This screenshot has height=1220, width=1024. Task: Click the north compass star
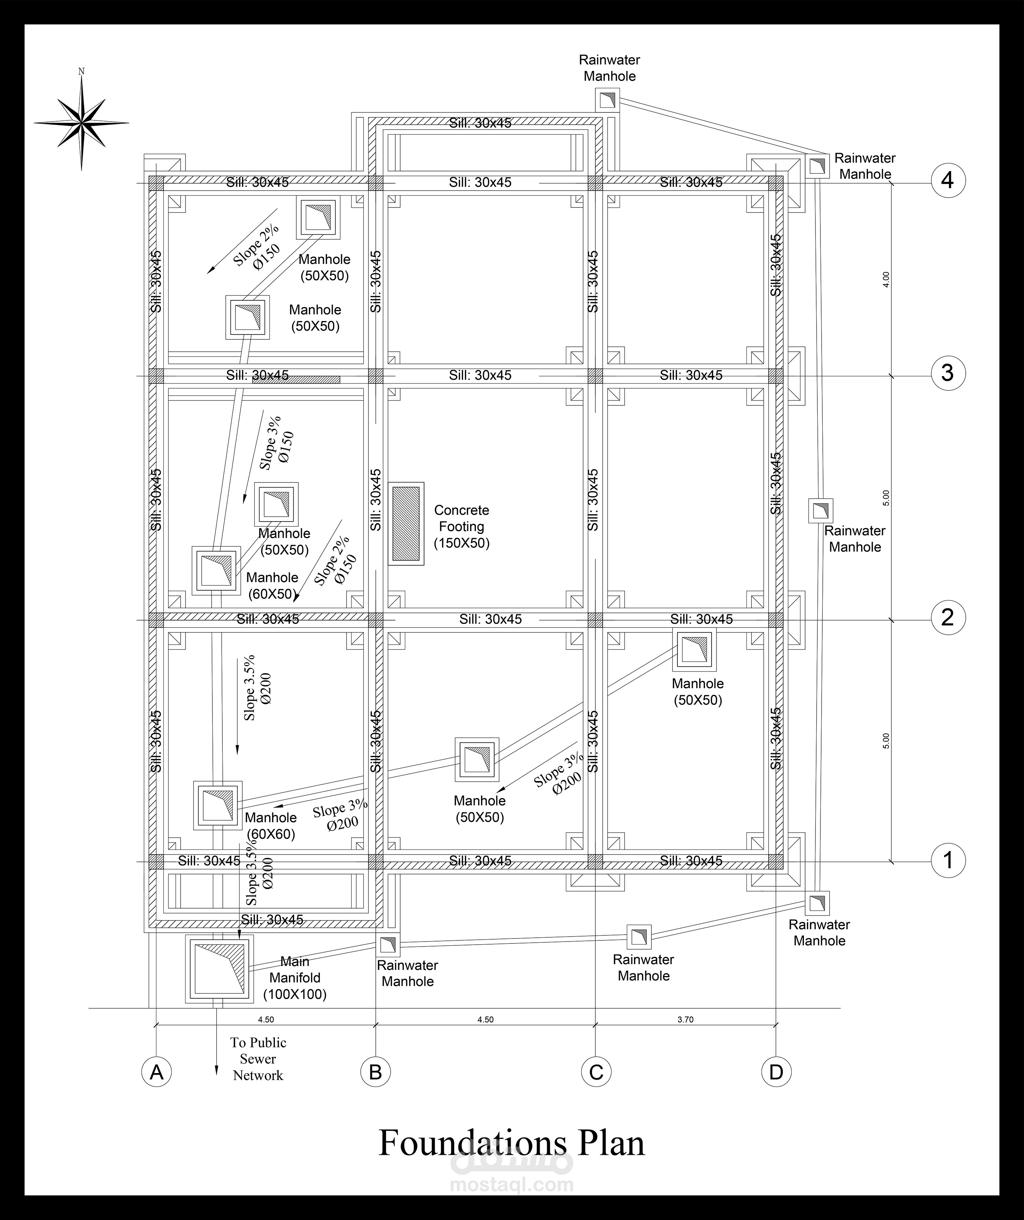point(81,123)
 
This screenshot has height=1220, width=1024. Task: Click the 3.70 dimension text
point(685,1019)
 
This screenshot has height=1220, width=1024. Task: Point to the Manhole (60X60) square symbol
point(218,805)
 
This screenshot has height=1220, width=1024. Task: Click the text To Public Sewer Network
point(258,1059)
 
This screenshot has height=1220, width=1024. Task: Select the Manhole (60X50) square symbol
point(216,570)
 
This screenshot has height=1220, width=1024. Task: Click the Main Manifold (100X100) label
point(295,978)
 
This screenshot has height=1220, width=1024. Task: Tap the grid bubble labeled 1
point(948,860)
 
